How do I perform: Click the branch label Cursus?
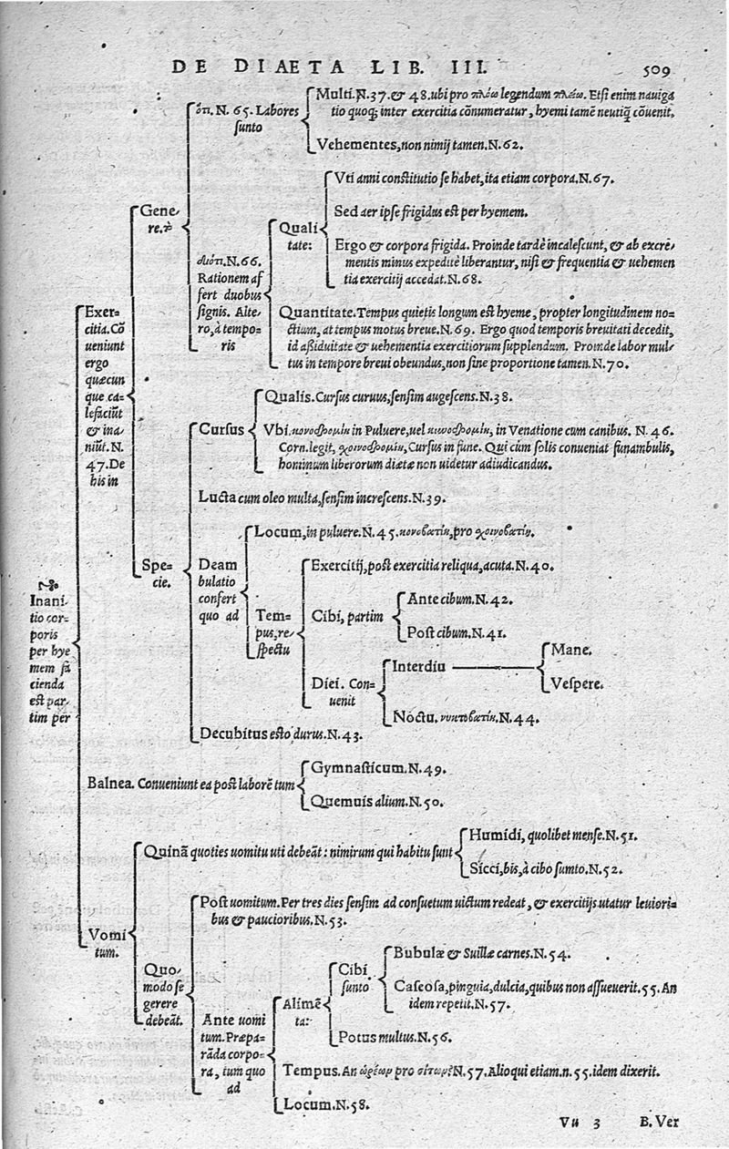click(221, 428)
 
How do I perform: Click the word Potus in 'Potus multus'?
click(357, 1036)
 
